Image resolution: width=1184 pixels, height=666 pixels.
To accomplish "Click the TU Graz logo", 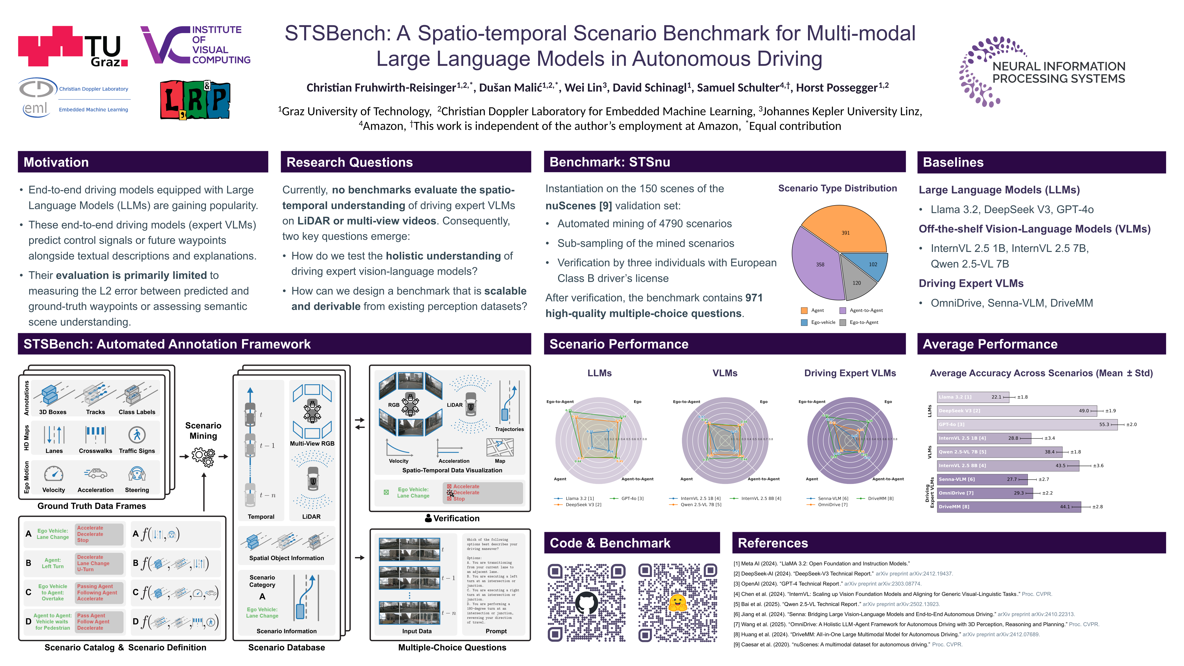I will coord(73,47).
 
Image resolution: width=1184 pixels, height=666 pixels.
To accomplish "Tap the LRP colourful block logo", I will coord(195,100).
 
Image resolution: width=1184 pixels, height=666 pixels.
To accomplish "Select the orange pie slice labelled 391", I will coord(846,230).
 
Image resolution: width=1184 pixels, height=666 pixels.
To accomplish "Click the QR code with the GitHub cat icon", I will coord(587,603).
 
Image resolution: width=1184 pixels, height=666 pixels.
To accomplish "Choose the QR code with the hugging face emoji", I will coord(678,603).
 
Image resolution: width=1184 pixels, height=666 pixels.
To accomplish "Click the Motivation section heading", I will coord(56,162).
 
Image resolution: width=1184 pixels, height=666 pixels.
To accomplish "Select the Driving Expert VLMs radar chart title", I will coord(850,373).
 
